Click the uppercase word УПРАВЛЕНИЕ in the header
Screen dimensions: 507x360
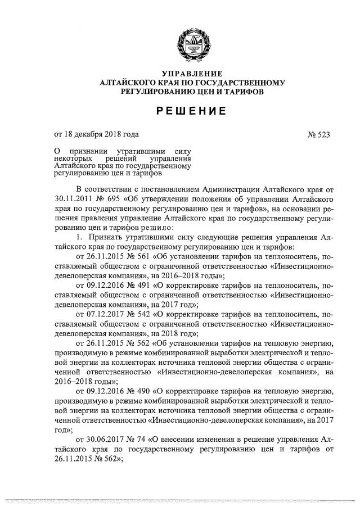(x=192, y=74)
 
